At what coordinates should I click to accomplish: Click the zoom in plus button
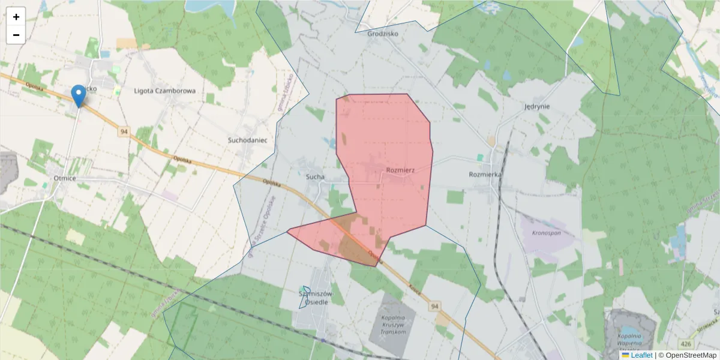[16, 17]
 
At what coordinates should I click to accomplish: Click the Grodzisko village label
[382, 34]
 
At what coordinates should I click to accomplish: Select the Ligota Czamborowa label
[165, 91]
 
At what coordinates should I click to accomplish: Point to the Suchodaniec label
[247, 140]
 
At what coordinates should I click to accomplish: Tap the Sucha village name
[315, 177]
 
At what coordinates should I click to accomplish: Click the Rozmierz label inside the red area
[400, 170]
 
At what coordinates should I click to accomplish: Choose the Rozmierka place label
[485, 175]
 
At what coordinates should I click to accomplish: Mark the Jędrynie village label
[537, 106]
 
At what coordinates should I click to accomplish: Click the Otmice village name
[64, 178]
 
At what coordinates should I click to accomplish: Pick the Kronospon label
[545, 231]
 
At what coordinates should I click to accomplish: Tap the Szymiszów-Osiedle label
[316, 298]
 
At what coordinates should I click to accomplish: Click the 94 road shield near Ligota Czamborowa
[124, 131]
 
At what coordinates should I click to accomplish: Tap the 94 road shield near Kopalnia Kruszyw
[435, 307]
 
